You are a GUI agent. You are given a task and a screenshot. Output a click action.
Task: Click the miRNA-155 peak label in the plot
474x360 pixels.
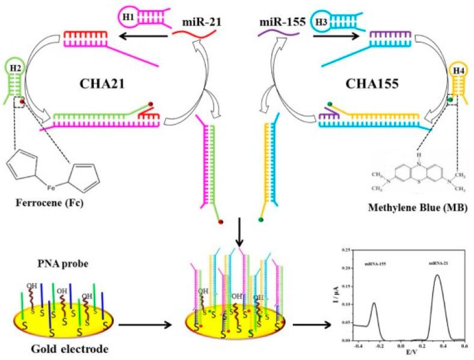coord(376,263)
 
